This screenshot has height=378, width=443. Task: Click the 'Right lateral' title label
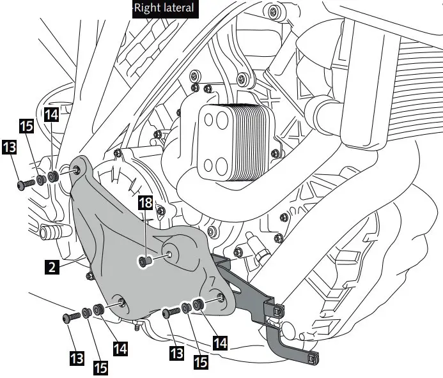(x=163, y=9)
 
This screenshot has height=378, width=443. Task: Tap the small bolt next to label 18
(x=146, y=261)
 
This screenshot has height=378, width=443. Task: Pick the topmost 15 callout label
(x=26, y=125)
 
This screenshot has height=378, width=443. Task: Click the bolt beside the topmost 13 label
(x=26, y=184)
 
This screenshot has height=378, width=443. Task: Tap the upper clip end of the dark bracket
(x=277, y=310)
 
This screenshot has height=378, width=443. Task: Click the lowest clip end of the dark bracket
(x=313, y=359)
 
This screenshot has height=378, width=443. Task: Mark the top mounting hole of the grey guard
(x=77, y=170)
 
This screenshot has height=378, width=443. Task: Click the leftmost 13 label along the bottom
(x=77, y=358)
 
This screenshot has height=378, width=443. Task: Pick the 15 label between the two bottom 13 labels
(x=99, y=367)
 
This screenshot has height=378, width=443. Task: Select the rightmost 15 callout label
(x=201, y=362)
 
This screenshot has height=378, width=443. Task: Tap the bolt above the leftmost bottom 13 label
(x=71, y=317)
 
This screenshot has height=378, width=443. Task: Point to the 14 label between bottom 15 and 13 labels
(x=120, y=349)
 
